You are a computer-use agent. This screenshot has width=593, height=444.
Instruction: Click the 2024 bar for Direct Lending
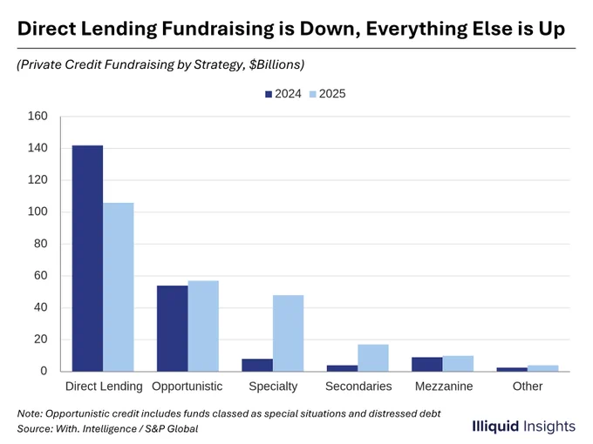(x=87, y=259)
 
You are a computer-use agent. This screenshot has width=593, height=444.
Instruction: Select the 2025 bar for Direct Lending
(x=119, y=287)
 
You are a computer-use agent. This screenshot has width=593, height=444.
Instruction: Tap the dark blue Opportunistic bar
(x=173, y=328)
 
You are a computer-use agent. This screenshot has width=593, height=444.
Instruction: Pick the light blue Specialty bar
(x=288, y=333)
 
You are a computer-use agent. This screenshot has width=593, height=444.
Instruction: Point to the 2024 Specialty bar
(x=257, y=365)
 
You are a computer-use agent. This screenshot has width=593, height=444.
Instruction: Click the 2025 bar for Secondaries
(x=373, y=358)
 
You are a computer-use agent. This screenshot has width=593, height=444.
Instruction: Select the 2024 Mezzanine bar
(x=427, y=364)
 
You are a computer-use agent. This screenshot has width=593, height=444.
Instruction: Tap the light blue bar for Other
(x=543, y=368)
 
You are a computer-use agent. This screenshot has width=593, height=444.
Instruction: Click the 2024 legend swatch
(x=269, y=94)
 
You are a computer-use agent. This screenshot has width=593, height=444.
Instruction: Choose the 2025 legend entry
(x=328, y=94)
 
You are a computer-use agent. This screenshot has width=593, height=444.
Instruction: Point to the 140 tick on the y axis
(x=37, y=148)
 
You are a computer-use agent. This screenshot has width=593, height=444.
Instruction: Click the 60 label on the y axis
(x=41, y=276)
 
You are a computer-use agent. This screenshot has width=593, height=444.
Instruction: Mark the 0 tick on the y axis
(x=44, y=371)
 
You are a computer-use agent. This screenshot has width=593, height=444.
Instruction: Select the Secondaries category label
(x=358, y=387)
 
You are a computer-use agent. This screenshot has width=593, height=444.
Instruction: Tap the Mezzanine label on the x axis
(x=444, y=387)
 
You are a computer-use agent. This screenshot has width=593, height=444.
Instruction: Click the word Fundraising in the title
(x=218, y=30)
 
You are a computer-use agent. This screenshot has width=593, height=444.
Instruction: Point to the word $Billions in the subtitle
(x=276, y=64)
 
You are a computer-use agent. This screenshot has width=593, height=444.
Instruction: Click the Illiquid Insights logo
(x=524, y=427)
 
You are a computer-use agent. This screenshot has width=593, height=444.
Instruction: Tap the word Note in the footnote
(x=29, y=414)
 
